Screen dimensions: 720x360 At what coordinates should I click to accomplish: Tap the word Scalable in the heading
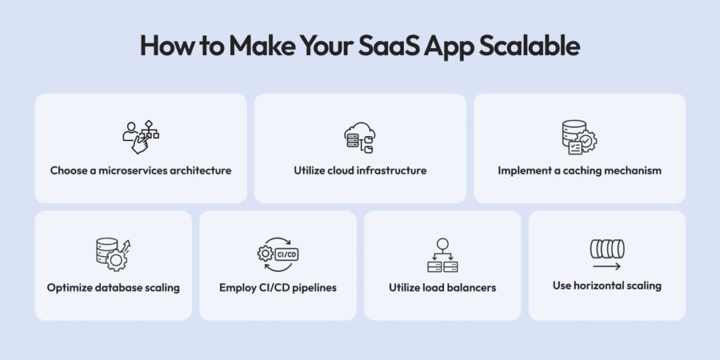(529, 46)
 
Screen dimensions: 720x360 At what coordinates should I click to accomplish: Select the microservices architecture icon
(140, 137)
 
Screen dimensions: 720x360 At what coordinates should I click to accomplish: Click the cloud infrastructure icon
(360, 138)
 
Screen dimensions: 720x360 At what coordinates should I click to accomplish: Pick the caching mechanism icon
(580, 137)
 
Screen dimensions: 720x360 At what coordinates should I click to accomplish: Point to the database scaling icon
(113, 254)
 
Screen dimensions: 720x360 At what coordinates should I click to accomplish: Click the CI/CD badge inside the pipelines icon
(286, 254)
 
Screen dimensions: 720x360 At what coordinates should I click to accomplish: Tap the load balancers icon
(442, 255)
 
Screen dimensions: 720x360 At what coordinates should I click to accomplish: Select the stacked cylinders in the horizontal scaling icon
(607, 249)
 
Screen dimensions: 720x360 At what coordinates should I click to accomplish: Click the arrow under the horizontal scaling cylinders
(606, 266)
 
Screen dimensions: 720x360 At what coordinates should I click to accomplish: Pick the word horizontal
(596, 286)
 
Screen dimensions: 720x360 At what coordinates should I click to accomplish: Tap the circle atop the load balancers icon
(442, 244)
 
